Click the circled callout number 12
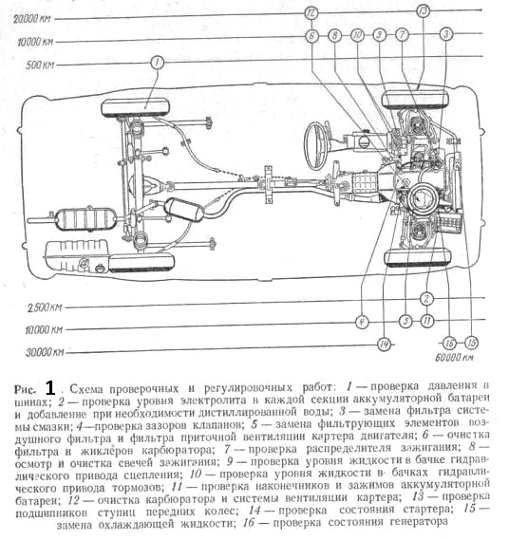(311, 13)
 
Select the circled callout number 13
(424, 11)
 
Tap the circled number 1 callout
(157, 63)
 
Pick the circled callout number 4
(362, 323)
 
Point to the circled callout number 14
(385, 344)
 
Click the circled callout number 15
(471, 343)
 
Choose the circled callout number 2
(426, 299)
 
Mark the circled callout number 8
(334, 35)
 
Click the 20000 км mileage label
(31, 18)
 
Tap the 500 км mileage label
(40, 65)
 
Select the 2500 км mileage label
(45, 307)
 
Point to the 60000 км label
(454, 357)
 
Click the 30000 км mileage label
(45, 352)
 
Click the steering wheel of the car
(317, 145)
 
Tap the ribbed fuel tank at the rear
(77, 255)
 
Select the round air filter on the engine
(424, 200)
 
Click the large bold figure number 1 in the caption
(50, 388)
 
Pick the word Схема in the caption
(86, 389)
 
